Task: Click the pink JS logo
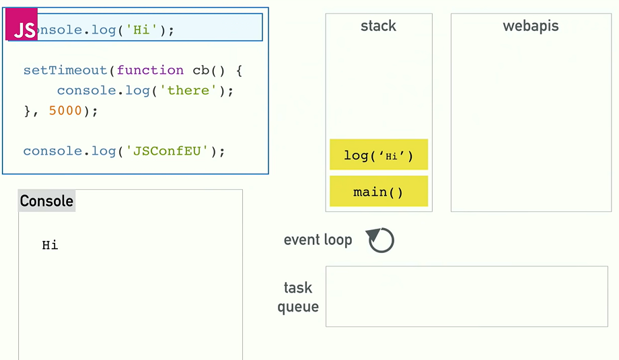coord(22,28)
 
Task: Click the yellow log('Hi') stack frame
coord(378,155)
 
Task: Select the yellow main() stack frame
coord(378,192)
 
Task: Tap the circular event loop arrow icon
coord(381,240)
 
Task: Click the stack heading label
coord(378,26)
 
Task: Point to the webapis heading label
coord(530,26)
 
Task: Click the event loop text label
coord(318,240)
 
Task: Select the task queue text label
coord(298,297)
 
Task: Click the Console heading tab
coord(46,201)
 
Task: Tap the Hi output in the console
coord(50,246)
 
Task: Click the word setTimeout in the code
coord(65,70)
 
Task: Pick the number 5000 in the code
coord(65,110)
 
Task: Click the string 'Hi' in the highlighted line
coord(141,30)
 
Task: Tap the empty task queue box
coord(466,296)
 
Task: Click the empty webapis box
coord(530,121)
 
